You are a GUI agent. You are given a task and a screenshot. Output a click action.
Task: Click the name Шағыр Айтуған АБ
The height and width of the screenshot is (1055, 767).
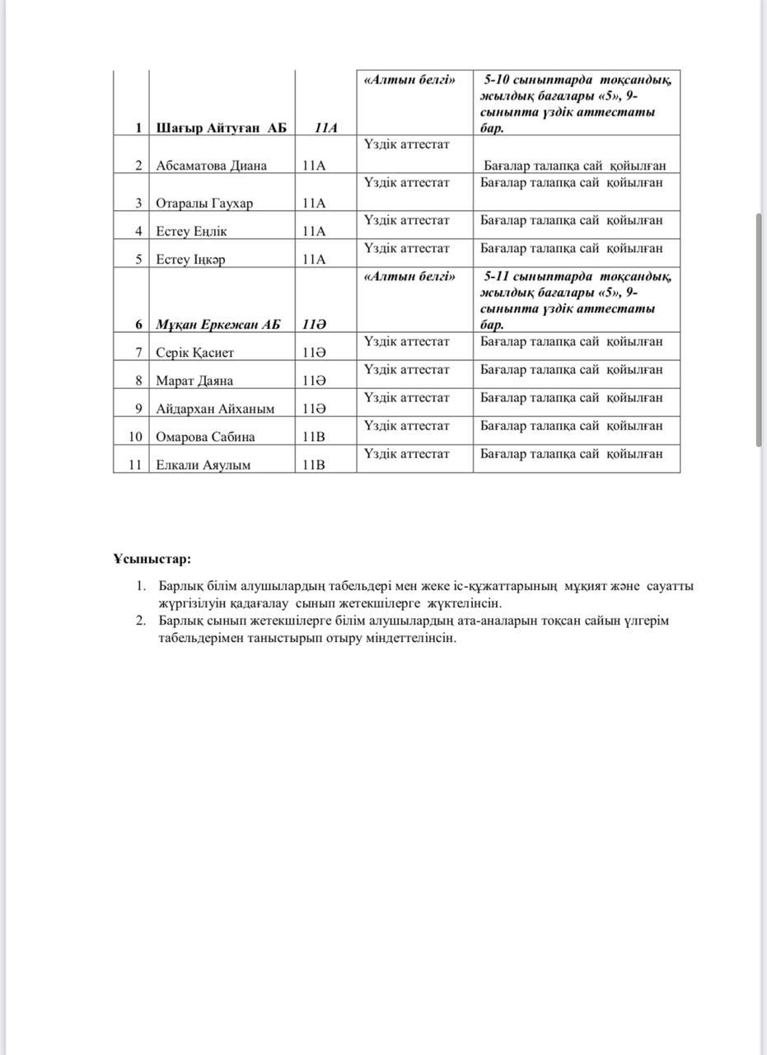coord(221,128)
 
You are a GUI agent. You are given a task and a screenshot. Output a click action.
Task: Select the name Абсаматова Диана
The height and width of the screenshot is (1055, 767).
coord(211,166)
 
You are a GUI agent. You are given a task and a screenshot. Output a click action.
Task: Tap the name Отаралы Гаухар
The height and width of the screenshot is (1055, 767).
coord(204,203)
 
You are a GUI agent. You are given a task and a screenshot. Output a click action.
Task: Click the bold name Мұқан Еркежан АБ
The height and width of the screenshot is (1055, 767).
coord(217,324)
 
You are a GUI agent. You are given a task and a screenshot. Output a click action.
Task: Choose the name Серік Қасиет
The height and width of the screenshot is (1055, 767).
coord(195,353)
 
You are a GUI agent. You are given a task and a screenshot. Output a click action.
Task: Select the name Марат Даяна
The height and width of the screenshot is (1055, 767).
coord(194,381)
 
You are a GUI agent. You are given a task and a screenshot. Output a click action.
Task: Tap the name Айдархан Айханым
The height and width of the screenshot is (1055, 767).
coord(215,409)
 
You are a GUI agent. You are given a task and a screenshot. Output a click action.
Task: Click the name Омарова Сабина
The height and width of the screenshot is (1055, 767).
coord(205,437)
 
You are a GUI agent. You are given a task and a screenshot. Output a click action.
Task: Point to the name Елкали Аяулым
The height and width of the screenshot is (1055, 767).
coord(203,465)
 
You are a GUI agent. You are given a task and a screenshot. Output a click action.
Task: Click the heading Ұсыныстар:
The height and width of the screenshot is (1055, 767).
coord(152,559)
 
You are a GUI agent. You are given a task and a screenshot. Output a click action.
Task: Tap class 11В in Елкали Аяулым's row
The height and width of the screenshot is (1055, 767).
coord(314,465)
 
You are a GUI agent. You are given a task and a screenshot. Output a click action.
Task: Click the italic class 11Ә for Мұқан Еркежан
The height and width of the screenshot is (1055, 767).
coord(314,324)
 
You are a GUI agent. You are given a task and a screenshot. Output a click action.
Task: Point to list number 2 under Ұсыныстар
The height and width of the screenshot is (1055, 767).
coord(141,621)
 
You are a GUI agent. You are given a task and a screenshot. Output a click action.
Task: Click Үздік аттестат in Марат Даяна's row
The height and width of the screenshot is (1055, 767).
coord(406,369)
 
